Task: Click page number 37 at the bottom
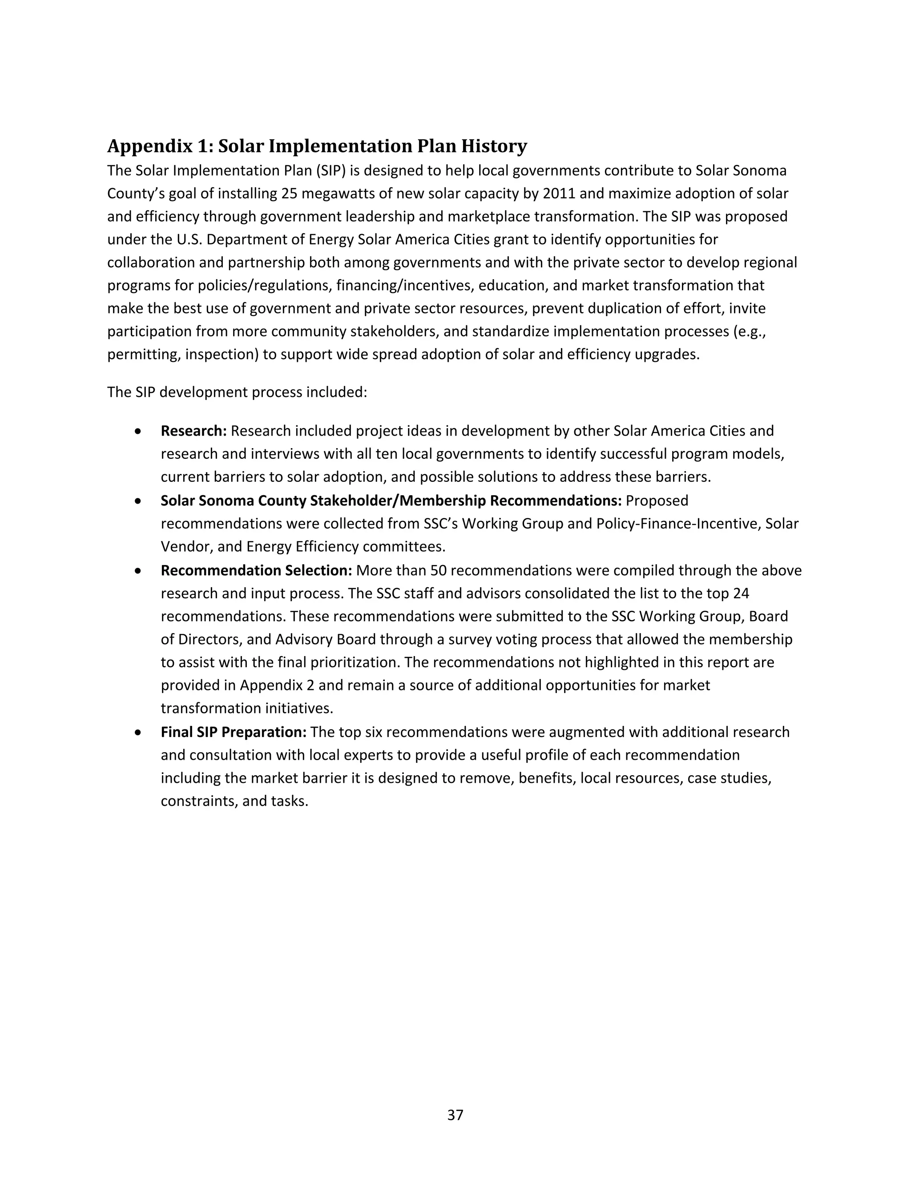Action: click(455, 1115)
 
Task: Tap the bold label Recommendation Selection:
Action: click(256, 570)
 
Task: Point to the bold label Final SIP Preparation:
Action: click(234, 732)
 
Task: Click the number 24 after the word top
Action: click(741, 593)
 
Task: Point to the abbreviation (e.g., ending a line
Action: click(750, 331)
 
